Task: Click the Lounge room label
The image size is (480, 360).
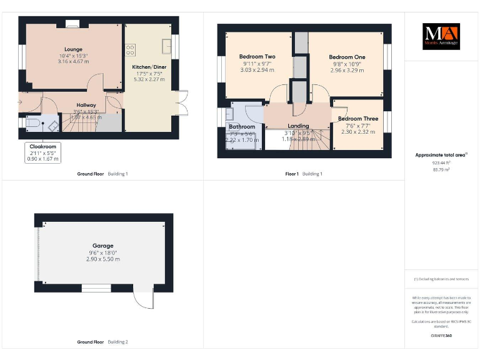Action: coord(73,49)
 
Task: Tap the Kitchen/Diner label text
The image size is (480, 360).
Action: coord(148,67)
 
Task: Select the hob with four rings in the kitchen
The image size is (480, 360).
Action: coord(130,49)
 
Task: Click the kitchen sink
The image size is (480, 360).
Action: coord(167,46)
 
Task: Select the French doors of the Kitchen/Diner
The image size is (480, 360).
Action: coord(182,103)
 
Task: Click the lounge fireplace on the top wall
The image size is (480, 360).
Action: coord(73,25)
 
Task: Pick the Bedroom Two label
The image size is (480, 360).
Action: coord(257,57)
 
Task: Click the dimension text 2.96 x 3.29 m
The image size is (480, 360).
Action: coord(347,71)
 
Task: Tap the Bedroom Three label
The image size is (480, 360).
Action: coord(358,118)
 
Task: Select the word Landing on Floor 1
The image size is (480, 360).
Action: coord(298,126)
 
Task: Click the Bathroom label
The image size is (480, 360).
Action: coord(242,126)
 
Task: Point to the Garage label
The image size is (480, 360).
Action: coord(102,246)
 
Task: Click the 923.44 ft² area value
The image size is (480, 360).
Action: coord(441,162)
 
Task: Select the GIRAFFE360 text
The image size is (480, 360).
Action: coord(441,336)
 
